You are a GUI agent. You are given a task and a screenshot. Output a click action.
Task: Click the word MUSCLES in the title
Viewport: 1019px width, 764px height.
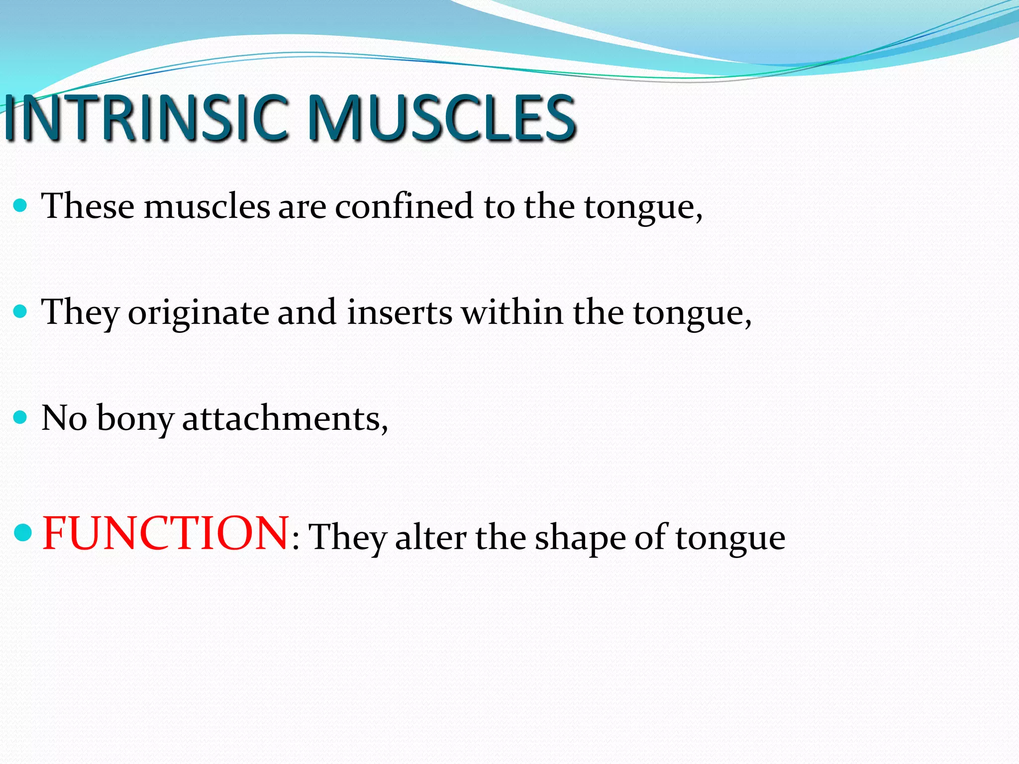[x=442, y=118]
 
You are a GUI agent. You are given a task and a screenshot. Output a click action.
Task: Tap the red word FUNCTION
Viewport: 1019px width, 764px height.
[x=165, y=533]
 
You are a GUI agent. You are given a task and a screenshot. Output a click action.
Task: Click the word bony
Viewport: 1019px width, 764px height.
[x=134, y=419]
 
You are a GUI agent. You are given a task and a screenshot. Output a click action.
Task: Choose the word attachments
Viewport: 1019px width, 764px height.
[x=285, y=419]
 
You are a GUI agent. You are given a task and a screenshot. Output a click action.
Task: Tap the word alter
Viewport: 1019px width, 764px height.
[x=431, y=537]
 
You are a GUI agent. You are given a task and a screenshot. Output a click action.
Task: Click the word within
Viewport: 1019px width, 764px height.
[x=512, y=312]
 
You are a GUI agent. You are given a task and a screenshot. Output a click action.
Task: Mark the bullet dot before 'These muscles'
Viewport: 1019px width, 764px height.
[x=20, y=205]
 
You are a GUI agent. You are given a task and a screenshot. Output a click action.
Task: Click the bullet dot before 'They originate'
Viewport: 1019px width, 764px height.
[x=20, y=312]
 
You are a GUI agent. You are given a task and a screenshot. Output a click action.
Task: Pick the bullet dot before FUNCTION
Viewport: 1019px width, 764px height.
[x=23, y=533]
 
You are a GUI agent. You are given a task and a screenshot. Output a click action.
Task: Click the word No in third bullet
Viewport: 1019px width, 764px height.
[x=64, y=418]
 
